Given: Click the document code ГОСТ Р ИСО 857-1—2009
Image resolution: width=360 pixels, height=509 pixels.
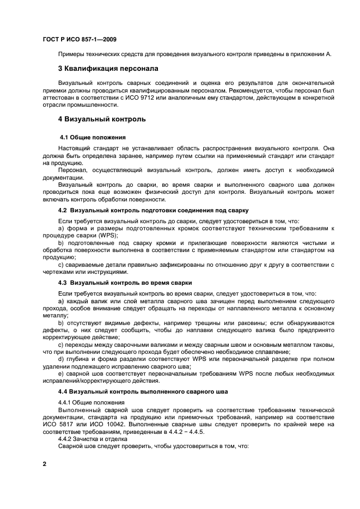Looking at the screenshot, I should [79, 39].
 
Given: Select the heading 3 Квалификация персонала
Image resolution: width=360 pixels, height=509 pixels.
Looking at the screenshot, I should [108, 69].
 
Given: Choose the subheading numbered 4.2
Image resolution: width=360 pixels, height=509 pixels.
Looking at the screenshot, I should [153, 210].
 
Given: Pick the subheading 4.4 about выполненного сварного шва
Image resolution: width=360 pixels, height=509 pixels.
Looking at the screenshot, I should [139, 392].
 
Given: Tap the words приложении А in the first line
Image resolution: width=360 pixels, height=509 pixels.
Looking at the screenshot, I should [313, 54].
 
